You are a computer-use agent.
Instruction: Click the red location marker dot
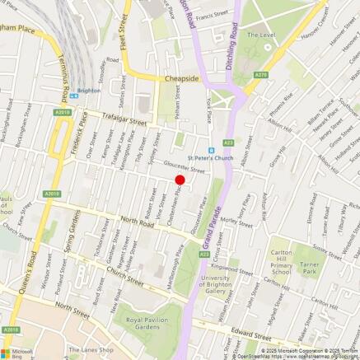coord(180,179)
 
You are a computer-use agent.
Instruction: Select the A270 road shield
coord(261,75)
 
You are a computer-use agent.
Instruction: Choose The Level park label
coord(263,35)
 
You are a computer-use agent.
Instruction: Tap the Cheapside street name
coord(181,78)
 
